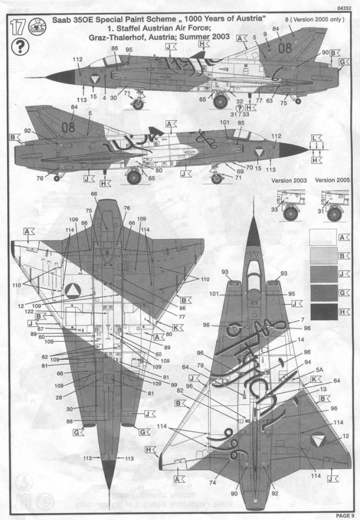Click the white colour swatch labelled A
click(x=323, y=236)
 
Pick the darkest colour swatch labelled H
click(x=323, y=310)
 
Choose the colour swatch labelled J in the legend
click(x=323, y=273)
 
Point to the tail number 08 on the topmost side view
click(x=285, y=48)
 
